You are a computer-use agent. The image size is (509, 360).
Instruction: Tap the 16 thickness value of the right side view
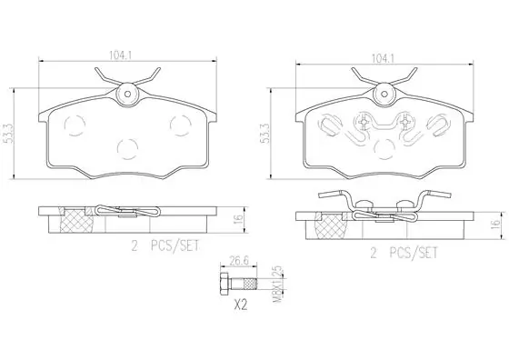[495, 225]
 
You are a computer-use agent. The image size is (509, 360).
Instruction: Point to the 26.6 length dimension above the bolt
[237, 262]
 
